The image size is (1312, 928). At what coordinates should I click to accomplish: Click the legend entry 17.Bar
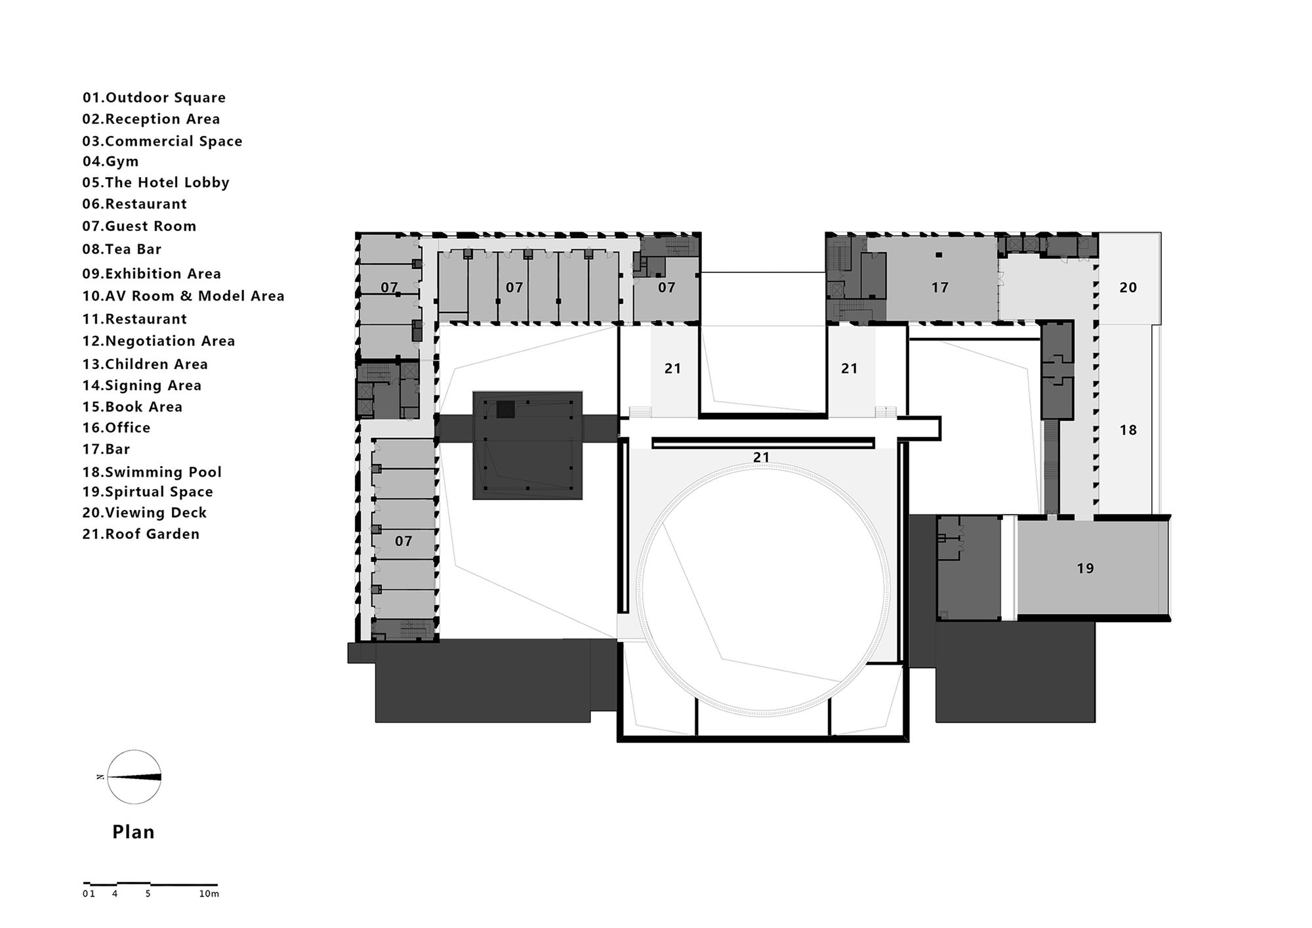(106, 450)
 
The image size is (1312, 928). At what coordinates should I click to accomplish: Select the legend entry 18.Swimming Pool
(152, 473)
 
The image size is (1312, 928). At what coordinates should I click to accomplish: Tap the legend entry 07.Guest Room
(139, 226)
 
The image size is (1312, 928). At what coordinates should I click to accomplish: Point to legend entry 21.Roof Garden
(141, 534)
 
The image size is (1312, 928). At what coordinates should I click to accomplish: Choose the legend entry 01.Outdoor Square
(154, 98)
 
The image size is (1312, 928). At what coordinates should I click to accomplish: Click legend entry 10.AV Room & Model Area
(184, 296)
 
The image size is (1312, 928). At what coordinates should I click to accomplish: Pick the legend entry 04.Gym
(110, 161)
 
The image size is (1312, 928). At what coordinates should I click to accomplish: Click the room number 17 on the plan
(940, 287)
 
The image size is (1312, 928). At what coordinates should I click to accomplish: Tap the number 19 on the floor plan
(1085, 568)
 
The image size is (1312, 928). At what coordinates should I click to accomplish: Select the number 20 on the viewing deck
(1128, 287)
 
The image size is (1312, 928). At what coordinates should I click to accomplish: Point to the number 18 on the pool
(1128, 431)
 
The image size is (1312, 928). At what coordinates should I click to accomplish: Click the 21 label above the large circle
(761, 457)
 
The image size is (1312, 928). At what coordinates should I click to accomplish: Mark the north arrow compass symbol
(134, 777)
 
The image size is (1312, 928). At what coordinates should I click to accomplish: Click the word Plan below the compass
(133, 832)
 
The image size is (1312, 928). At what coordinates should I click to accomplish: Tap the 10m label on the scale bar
(209, 894)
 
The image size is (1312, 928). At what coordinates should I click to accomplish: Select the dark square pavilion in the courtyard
(527, 446)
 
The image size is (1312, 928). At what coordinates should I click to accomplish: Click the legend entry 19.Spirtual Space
(148, 492)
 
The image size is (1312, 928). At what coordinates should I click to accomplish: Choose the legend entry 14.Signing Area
(142, 386)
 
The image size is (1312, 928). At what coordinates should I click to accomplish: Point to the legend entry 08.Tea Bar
(121, 249)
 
